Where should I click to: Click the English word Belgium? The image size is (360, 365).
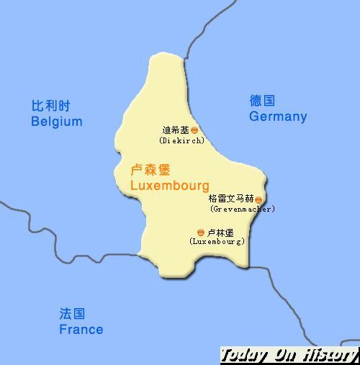click(56, 122)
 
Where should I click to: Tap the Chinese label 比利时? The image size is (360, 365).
click(52, 106)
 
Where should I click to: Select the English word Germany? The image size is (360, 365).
click(278, 117)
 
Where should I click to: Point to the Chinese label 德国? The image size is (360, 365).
click(262, 101)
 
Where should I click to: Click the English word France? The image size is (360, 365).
click(81, 330)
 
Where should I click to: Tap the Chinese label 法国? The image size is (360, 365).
click(72, 314)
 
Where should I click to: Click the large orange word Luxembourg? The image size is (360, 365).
click(170, 186)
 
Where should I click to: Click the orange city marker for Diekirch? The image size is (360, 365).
click(194, 131)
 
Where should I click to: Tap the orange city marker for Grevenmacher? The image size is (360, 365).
click(258, 199)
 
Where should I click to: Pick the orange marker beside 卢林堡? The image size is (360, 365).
click(200, 233)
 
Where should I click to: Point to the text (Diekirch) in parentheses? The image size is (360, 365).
click(181, 140)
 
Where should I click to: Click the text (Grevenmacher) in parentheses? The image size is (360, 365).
click(243, 209)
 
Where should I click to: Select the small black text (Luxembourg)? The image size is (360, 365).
click(217, 242)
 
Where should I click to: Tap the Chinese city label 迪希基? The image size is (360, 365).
click(176, 130)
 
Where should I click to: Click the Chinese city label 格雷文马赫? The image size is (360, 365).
click(230, 199)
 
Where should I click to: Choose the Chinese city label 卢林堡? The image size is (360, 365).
click(220, 233)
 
